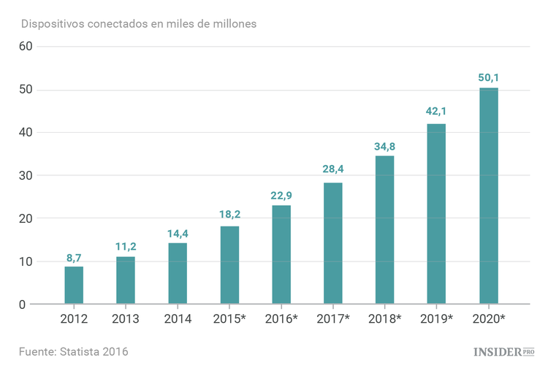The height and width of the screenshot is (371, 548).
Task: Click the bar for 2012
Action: tap(74, 285)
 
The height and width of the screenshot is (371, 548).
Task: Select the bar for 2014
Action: tap(178, 273)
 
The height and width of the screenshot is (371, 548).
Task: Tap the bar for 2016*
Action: tap(281, 254)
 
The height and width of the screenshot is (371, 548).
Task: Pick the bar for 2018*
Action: tap(384, 229)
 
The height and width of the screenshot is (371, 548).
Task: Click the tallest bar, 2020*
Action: tap(488, 196)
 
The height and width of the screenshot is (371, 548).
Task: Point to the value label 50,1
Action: tap(488, 77)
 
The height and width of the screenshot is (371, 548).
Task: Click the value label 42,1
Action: tap(436, 112)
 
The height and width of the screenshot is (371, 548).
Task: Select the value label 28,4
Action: tap(332, 170)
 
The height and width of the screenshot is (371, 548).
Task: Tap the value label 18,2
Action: tap(229, 214)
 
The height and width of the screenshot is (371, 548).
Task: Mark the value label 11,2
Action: tap(126, 246)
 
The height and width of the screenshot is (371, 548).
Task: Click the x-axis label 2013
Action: tap(126, 319)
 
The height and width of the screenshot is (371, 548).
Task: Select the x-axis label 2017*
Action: tap(333, 319)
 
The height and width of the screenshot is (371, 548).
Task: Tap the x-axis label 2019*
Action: tap(436, 319)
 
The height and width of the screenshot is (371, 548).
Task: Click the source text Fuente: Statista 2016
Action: tap(74, 352)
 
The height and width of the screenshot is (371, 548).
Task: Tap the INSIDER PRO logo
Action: tap(504, 352)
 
